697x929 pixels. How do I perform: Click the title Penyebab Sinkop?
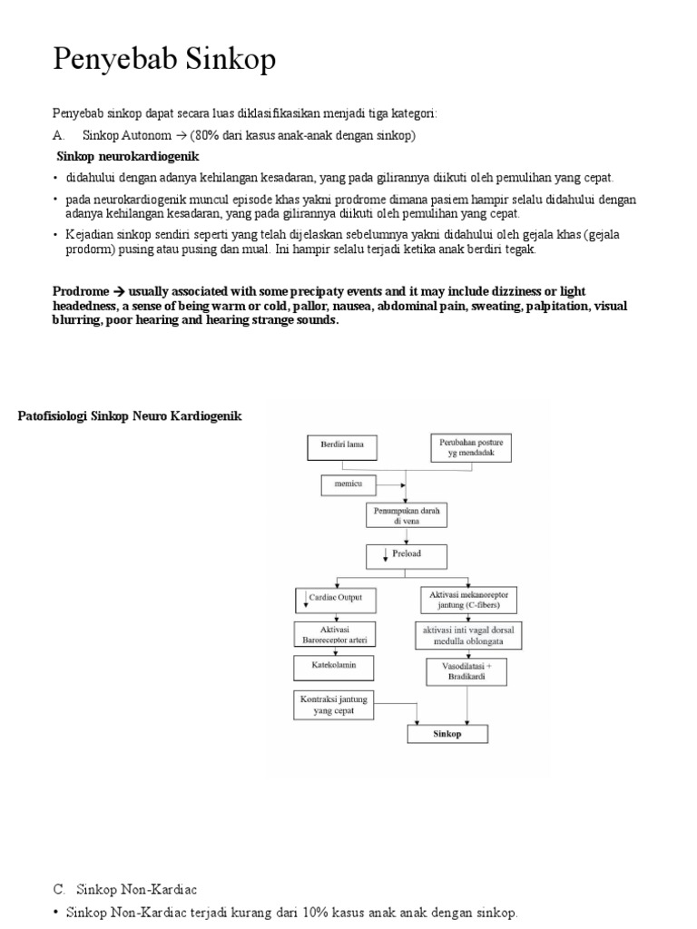[x=163, y=61]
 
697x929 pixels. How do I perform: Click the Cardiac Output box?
[x=327, y=599]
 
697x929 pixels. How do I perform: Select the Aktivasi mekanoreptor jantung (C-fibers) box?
[x=468, y=599]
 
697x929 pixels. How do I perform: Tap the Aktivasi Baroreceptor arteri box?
[x=327, y=635]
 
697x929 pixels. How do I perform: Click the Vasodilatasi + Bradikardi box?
[x=468, y=671]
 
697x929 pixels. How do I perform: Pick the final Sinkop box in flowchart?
[x=447, y=734]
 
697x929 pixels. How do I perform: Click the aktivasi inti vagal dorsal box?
[x=468, y=635]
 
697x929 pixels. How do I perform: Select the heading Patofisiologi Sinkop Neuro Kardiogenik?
[x=131, y=416]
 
